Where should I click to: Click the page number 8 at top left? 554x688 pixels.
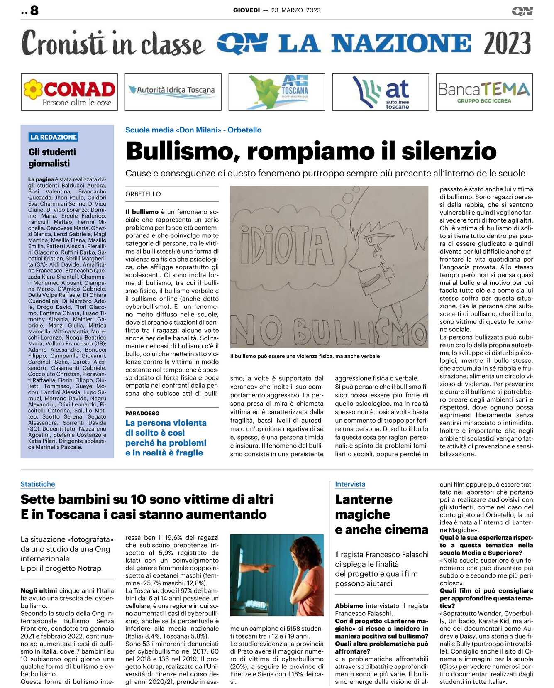pos(34,10)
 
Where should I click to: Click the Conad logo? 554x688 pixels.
pos(69,92)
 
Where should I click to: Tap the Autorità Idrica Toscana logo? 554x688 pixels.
pos(173,91)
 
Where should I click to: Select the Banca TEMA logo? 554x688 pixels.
pos(484,92)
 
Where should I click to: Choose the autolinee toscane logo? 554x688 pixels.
pos(381,92)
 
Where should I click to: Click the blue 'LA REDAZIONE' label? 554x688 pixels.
pos(54,137)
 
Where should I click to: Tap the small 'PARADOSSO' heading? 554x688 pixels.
pos(142,413)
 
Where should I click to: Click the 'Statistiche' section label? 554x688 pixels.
pos(38,484)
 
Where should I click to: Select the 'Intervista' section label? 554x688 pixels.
pos(350,484)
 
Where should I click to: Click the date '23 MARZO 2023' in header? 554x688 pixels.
pos(296,10)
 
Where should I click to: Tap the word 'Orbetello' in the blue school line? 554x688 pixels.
pos(244,130)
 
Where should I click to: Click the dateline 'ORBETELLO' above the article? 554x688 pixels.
pos(143,194)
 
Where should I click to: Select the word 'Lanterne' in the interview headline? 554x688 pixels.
pos(364,499)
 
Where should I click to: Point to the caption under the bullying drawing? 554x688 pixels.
pos(305,356)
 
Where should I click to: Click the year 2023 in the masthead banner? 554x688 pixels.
pos(507,43)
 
